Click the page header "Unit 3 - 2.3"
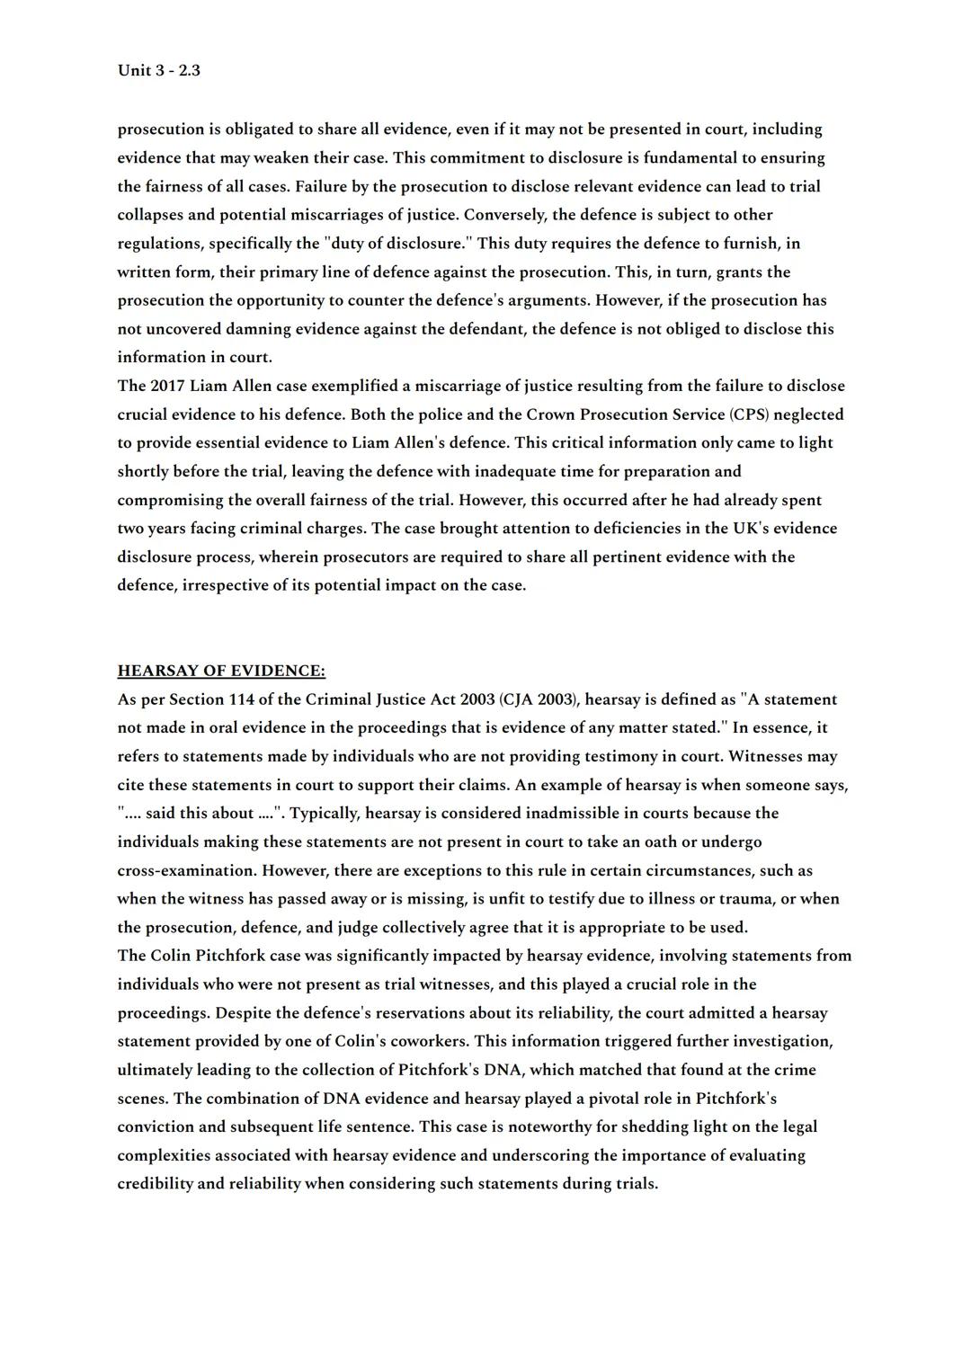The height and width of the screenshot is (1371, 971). coord(158,70)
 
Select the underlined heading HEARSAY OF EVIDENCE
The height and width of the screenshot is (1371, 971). coord(221,671)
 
